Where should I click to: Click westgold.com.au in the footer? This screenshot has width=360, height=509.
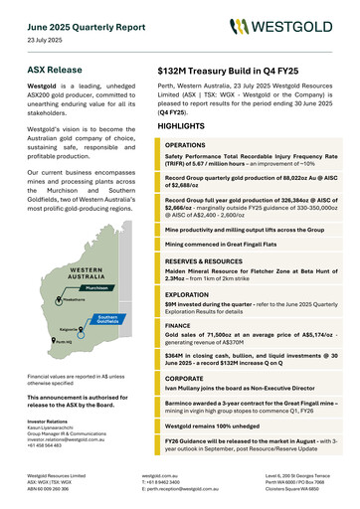coord(160,476)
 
